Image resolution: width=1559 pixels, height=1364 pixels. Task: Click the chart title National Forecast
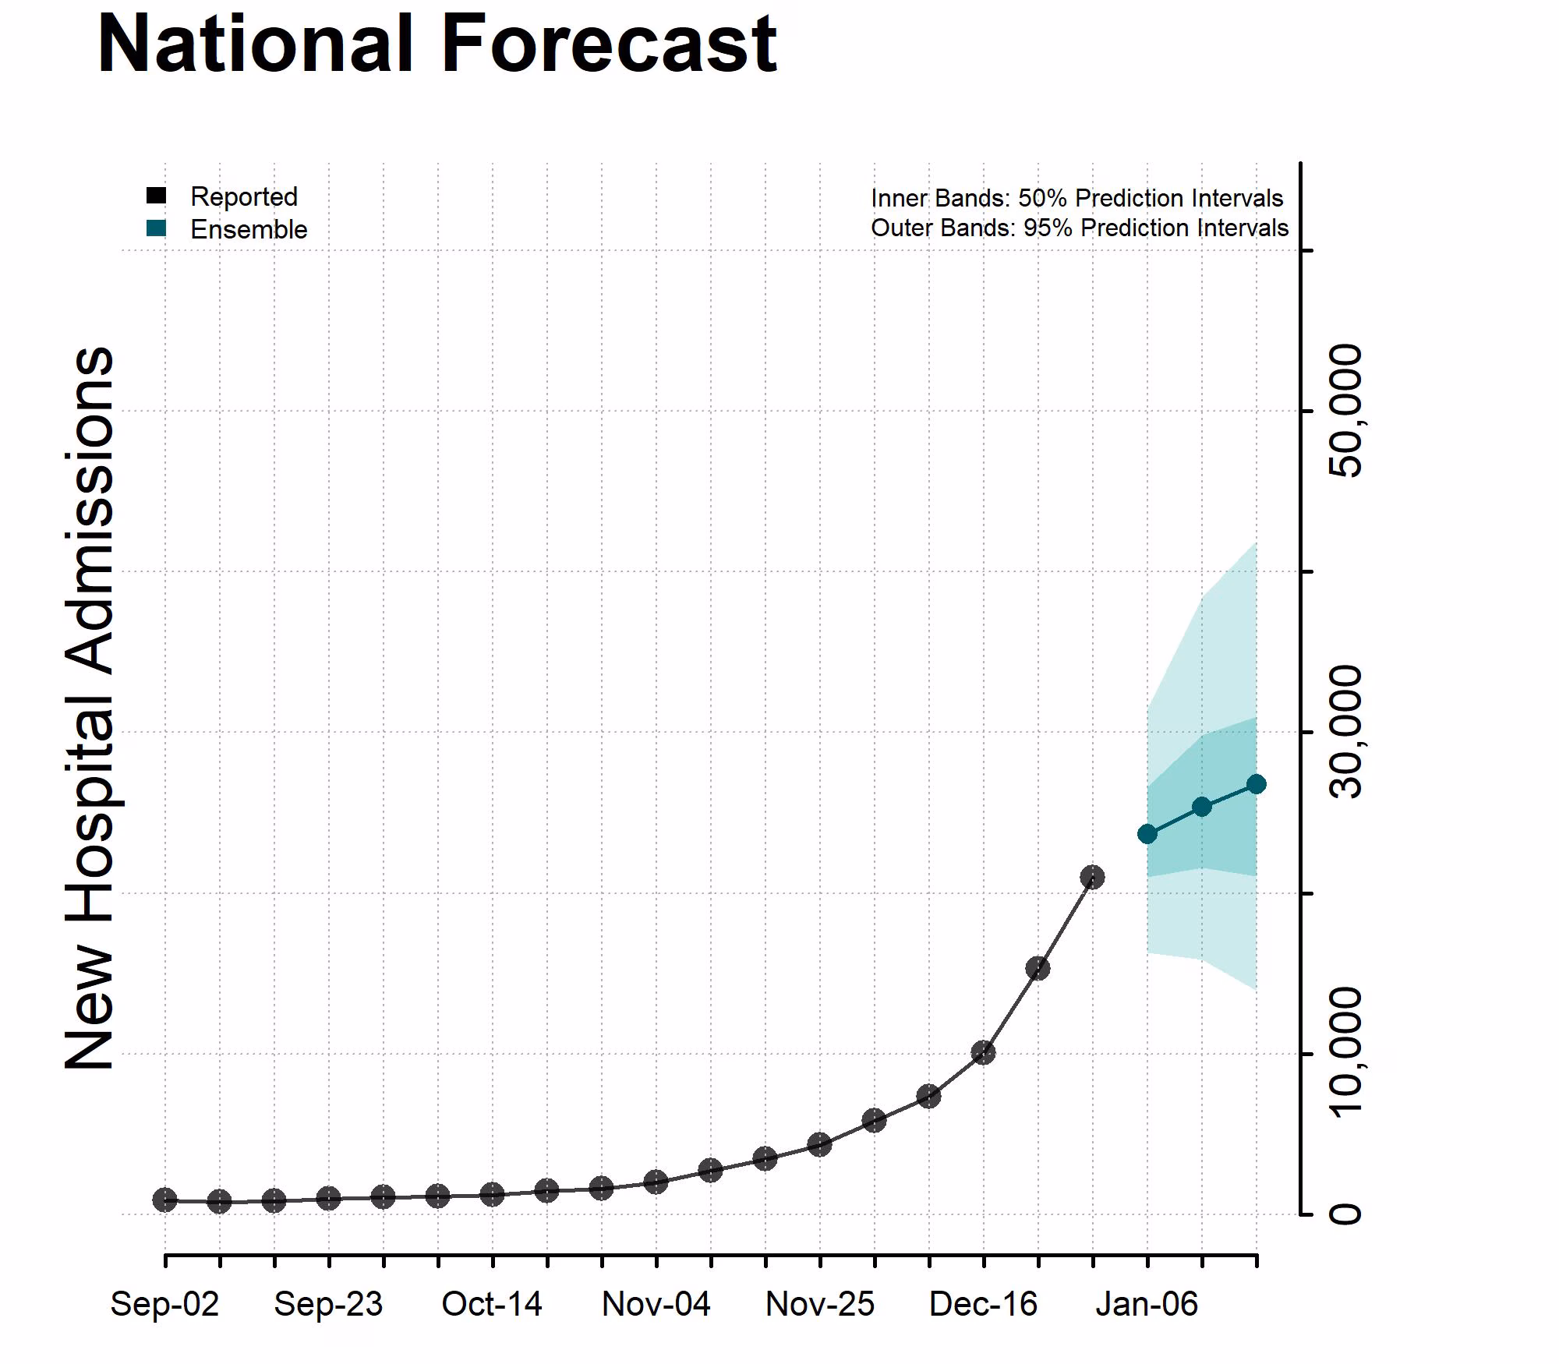pyautogui.click(x=437, y=45)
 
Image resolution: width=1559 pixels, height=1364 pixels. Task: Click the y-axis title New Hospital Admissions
pyautogui.click(x=90, y=708)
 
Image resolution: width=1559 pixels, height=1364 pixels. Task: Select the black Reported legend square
pyautogui.click(x=156, y=196)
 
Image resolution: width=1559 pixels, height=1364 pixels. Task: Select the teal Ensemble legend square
pyautogui.click(x=156, y=228)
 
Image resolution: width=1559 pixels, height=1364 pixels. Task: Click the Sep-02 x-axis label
pyautogui.click(x=164, y=1304)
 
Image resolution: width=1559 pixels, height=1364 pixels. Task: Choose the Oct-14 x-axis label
pyautogui.click(x=492, y=1304)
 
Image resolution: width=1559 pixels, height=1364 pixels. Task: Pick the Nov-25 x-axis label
pyautogui.click(x=819, y=1304)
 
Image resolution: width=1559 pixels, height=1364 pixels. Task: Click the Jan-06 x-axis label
pyautogui.click(x=1147, y=1304)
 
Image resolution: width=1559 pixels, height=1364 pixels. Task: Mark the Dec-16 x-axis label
pyautogui.click(x=983, y=1304)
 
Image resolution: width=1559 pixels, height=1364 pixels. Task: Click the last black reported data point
pyautogui.click(x=1092, y=878)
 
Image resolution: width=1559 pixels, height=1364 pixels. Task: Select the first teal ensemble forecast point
pyautogui.click(x=1147, y=834)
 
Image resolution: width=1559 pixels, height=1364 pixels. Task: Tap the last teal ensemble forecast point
pyautogui.click(x=1256, y=784)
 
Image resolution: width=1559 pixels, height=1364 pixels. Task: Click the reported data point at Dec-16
pyautogui.click(x=983, y=1053)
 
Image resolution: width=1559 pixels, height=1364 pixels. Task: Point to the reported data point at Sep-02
pyautogui.click(x=164, y=1200)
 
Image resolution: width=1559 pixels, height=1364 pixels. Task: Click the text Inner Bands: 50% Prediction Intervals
pyautogui.click(x=1076, y=198)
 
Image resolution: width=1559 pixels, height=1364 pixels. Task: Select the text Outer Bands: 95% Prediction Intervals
pyautogui.click(x=1079, y=228)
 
